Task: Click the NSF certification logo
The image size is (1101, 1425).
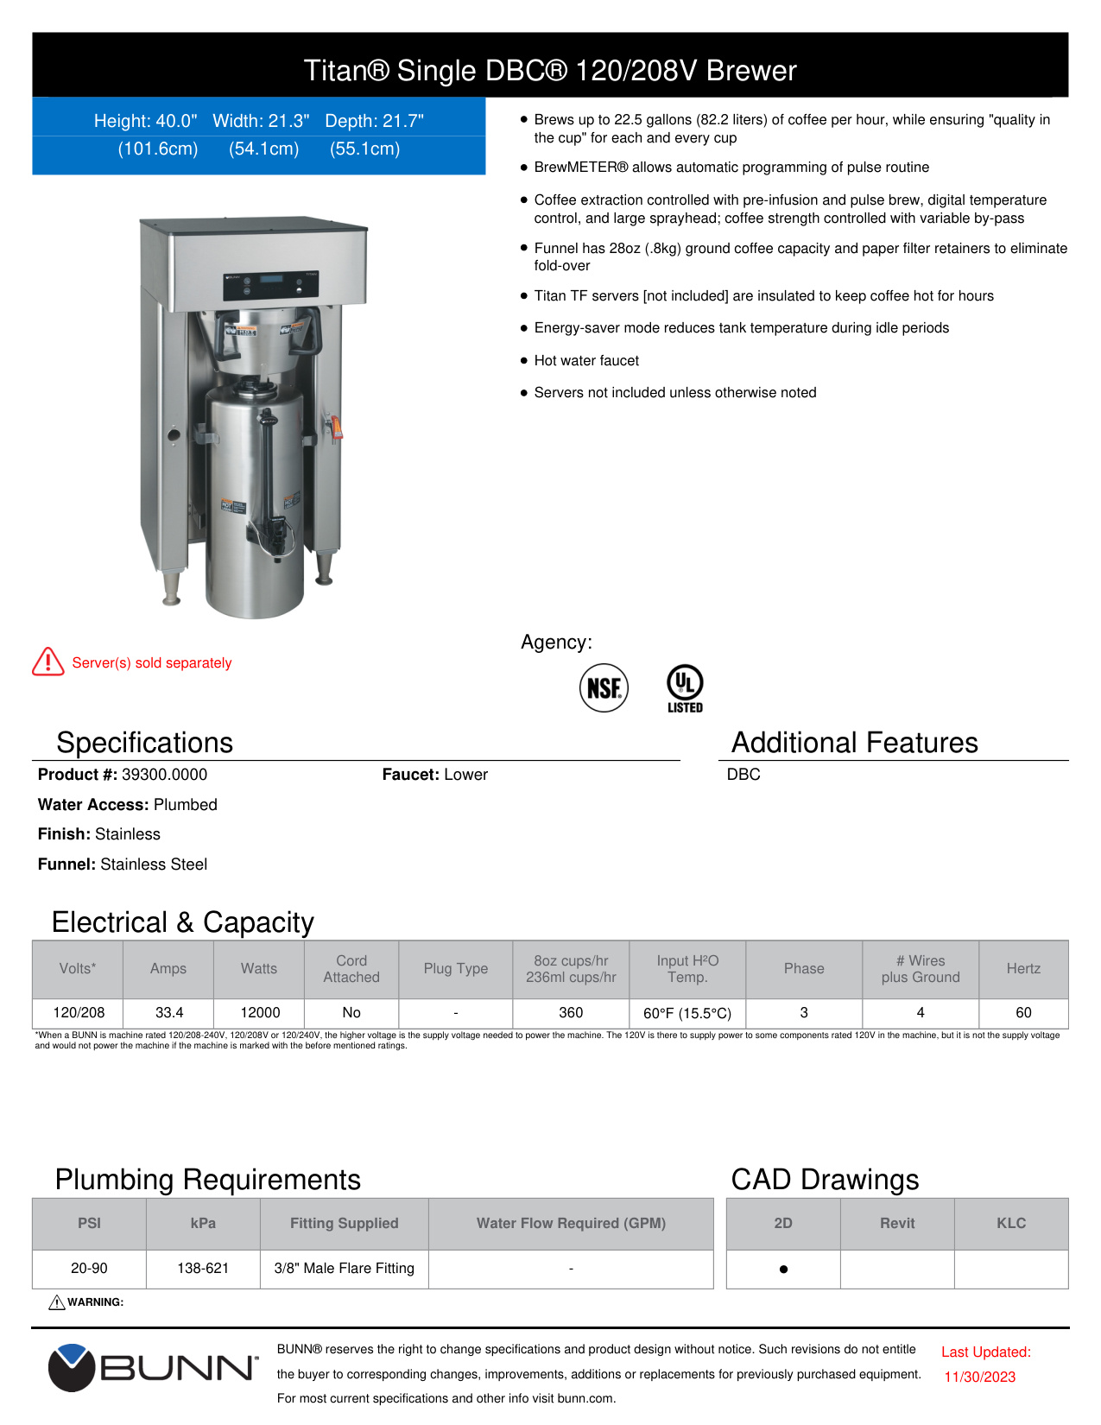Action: pos(604,687)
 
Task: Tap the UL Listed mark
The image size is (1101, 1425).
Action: pos(685,687)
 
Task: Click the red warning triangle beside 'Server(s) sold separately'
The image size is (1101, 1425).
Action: pos(48,662)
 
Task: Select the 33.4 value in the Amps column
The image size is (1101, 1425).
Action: pos(169,1012)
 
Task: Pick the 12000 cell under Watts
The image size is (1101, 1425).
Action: pos(260,1012)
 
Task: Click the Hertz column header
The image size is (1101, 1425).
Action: pos(1023,969)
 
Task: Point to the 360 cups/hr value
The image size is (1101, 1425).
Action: pos(571,1012)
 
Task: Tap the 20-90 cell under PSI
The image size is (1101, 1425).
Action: pos(89,1268)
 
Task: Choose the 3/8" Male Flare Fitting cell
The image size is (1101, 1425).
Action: pos(344,1268)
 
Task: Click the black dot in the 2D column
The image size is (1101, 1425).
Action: pos(783,1269)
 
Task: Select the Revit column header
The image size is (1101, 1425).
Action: pos(897,1223)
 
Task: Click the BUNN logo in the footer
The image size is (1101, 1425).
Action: pos(153,1368)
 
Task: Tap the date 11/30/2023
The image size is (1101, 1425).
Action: pos(980,1377)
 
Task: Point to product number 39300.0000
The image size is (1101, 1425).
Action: pos(164,775)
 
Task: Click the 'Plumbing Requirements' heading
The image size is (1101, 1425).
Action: pos(208,1180)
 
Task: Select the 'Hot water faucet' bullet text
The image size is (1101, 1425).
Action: pos(586,361)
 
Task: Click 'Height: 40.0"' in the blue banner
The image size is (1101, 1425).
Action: pos(145,121)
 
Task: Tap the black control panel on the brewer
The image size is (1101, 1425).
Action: pos(271,286)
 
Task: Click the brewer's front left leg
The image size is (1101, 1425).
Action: pos(173,587)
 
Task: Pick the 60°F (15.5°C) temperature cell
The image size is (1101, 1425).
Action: pos(687,1013)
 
